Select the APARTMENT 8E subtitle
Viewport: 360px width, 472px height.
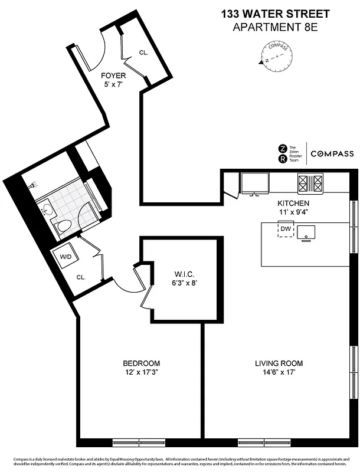[276, 27]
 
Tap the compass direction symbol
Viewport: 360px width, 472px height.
[275, 55]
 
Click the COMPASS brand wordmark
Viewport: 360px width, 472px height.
[332, 153]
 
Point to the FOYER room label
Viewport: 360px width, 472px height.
[113, 76]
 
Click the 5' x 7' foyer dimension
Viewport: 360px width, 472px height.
[113, 84]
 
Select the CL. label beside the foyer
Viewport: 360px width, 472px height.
[143, 53]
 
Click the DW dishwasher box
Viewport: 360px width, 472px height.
[286, 229]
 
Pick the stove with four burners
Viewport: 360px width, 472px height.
[310, 184]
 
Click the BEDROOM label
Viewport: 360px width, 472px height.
[141, 363]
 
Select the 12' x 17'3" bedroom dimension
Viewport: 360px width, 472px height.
[141, 372]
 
